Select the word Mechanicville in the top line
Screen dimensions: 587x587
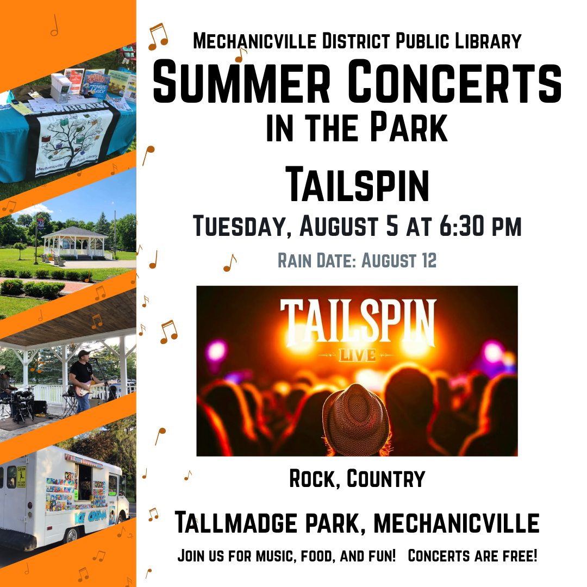(x=255, y=41)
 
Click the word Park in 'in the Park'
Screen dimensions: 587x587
(x=409, y=127)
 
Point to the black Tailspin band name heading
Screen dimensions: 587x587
(x=357, y=185)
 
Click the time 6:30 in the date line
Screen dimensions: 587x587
(x=461, y=226)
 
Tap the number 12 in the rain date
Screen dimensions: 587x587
(x=429, y=260)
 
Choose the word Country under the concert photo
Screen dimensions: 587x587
(x=386, y=479)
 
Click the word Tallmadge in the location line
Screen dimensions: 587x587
(x=236, y=523)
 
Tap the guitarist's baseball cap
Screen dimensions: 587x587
(x=84, y=353)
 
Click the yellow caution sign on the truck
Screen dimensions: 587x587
(x=21, y=477)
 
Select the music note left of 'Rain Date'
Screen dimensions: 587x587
(x=229, y=263)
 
